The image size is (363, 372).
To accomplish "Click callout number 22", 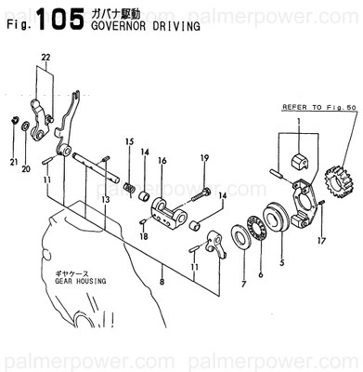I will pos(45,59).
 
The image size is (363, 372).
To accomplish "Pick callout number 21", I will pos(14,163).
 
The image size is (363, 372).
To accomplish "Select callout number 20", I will pos(26,169).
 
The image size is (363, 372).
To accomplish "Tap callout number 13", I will pos(106,199).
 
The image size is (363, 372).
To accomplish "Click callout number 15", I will pos(129,141).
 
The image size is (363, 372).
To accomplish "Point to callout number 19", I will pos(203,158).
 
